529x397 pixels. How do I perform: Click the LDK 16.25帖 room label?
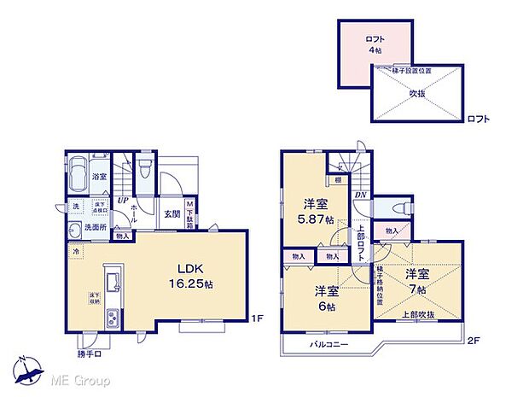(195, 272)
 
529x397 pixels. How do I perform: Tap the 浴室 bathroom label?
(100, 177)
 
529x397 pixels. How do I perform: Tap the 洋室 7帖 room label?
(417, 282)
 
